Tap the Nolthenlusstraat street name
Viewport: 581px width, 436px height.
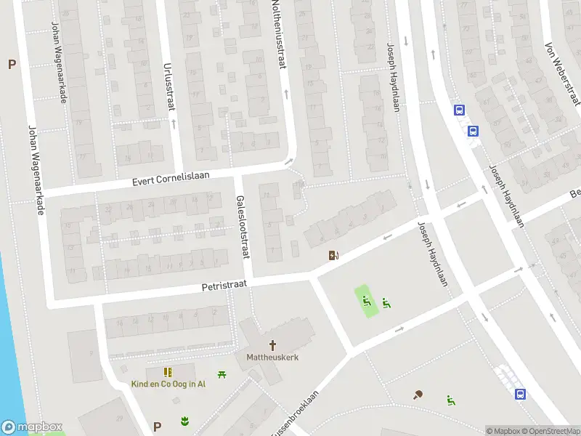coord(277,34)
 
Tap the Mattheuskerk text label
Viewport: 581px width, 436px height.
coord(272,358)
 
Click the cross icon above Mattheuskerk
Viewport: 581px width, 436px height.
coord(273,345)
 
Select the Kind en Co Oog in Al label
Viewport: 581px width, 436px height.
coord(168,384)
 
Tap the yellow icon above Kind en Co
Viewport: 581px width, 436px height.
coord(168,371)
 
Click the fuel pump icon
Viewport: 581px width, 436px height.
coord(334,255)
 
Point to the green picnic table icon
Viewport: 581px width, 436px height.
coord(223,374)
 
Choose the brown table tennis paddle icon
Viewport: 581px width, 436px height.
coord(418,395)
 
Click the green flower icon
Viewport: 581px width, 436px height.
coord(184,421)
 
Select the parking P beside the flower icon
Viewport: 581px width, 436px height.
coord(157,426)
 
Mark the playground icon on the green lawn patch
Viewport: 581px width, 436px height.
coord(367,300)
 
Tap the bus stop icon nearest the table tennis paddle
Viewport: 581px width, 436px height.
coord(521,394)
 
